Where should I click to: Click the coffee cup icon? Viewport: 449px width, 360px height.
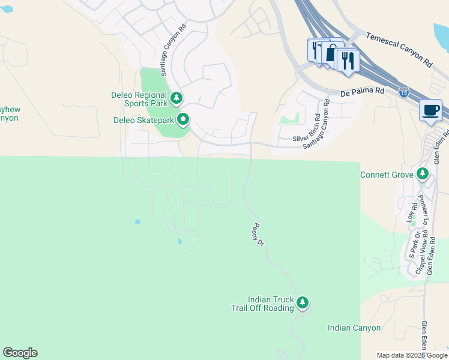click(x=431, y=110)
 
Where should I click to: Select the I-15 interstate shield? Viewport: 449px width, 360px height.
click(x=405, y=93)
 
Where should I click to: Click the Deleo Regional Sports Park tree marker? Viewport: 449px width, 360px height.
click(x=176, y=97)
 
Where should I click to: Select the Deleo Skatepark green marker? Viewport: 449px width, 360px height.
click(x=184, y=120)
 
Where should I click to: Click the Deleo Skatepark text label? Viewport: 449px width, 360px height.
click(x=143, y=120)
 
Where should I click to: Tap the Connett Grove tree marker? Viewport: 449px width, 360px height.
click(x=423, y=175)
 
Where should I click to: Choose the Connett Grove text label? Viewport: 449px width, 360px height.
click(x=387, y=175)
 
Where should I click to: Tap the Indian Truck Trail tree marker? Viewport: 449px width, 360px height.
click(x=303, y=302)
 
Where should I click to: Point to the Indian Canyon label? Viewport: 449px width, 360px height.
click(x=354, y=328)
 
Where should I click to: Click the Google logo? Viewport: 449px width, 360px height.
click(x=20, y=353)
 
